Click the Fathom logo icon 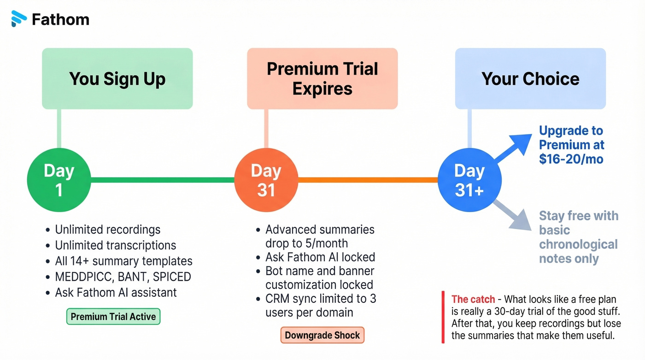point(19,19)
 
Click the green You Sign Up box point(117,78)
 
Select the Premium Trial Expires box point(322,78)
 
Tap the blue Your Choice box point(530,78)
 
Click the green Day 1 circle point(59,180)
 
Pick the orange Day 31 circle point(266,180)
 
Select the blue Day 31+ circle point(469,180)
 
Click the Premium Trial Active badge point(113,317)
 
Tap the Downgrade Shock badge point(322,335)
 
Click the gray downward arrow point(512,214)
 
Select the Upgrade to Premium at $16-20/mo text point(571,145)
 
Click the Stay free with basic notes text point(578,237)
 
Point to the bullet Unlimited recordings point(107,230)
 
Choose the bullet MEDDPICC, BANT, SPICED point(123,277)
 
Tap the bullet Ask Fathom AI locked point(320,257)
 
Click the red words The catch point(473,299)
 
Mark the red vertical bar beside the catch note point(443,317)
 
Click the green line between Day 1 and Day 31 point(162,180)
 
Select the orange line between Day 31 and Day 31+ point(368,180)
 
